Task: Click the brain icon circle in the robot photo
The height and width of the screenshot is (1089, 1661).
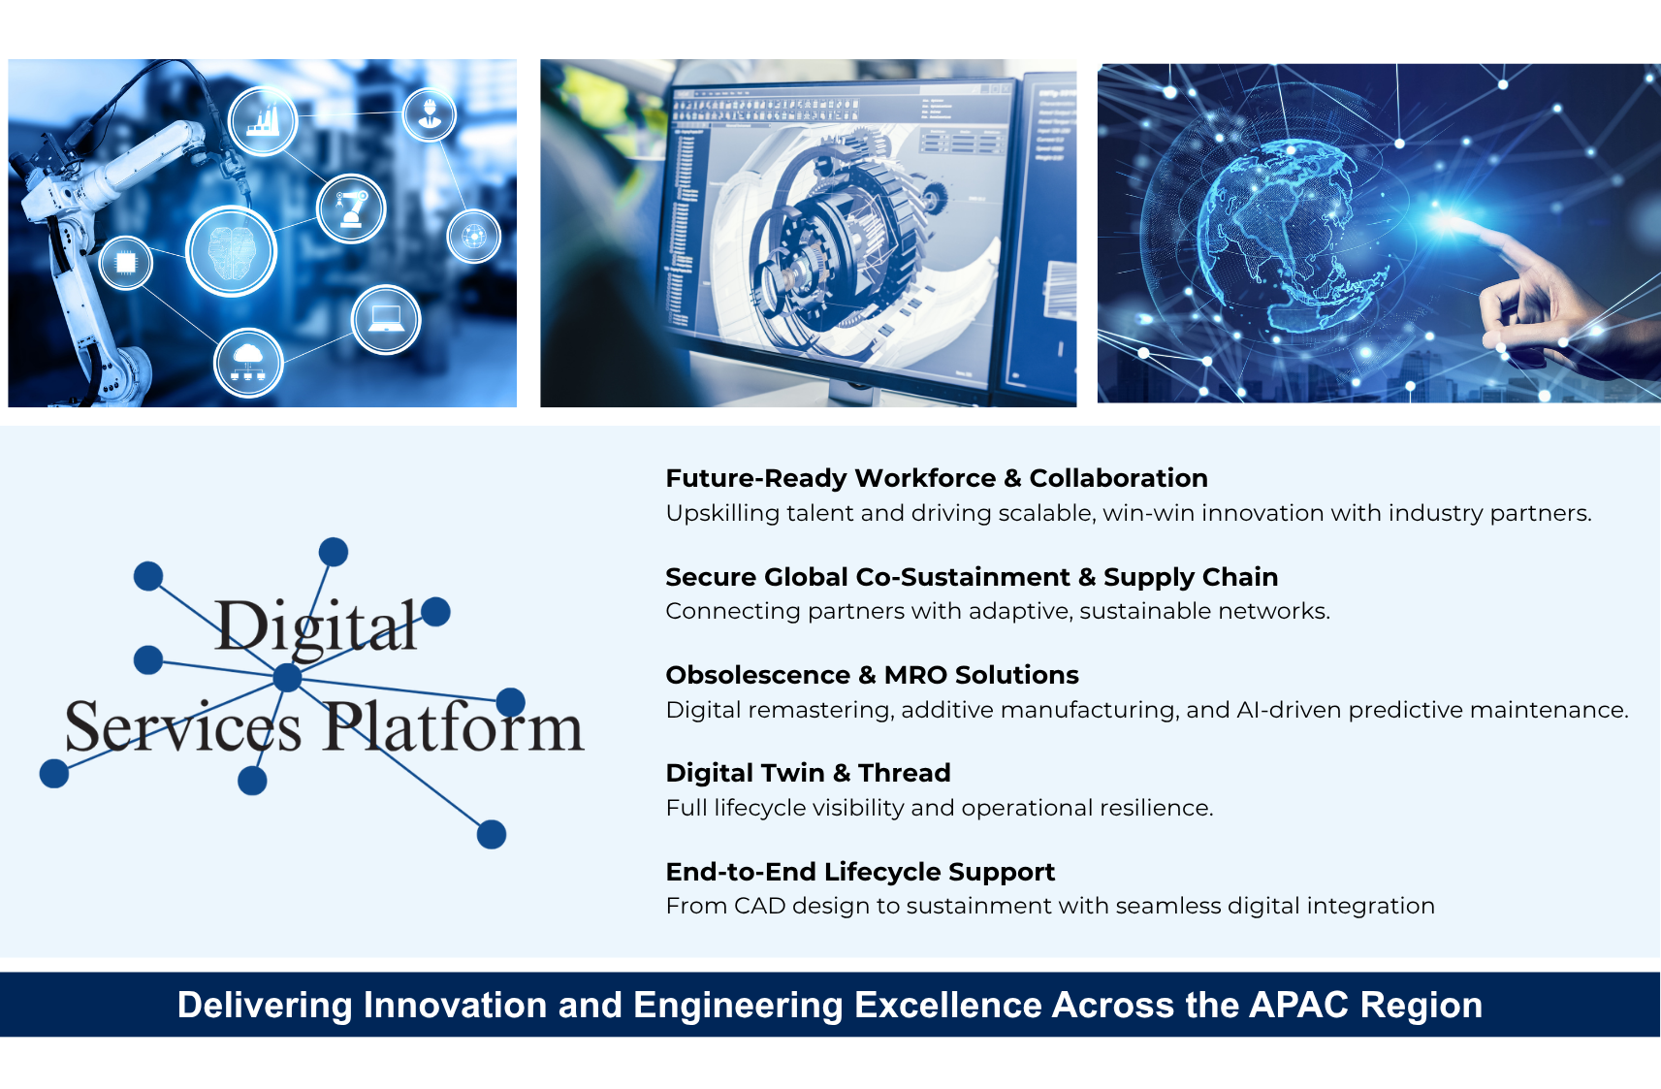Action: (x=232, y=251)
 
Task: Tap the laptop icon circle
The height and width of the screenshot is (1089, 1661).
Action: (x=386, y=320)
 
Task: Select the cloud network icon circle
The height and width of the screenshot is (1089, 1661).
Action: (x=248, y=364)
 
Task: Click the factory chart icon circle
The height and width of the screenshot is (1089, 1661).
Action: (x=263, y=121)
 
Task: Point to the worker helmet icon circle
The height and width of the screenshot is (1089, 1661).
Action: (x=430, y=114)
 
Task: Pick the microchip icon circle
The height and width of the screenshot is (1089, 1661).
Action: (x=126, y=263)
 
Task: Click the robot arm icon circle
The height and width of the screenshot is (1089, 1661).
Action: (x=351, y=208)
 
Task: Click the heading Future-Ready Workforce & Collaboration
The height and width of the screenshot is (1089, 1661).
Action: (x=937, y=478)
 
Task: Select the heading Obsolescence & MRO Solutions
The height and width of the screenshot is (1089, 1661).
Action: (x=872, y=675)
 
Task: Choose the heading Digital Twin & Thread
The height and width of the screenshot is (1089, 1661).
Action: (x=809, y=773)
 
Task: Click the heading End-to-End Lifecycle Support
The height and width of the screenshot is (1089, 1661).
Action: (x=860, y=872)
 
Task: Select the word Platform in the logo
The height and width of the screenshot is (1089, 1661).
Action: (x=453, y=727)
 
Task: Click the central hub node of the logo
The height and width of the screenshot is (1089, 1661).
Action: (x=288, y=677)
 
